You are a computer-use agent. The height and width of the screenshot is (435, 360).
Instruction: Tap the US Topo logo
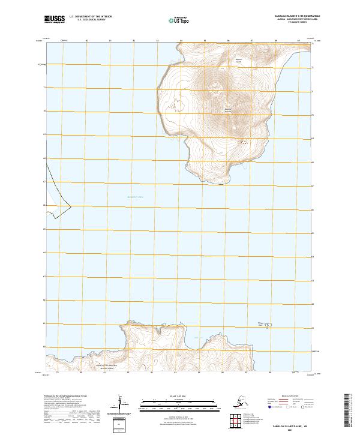tap(180, 20)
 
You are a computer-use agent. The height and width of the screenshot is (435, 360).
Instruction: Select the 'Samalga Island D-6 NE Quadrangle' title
tap(289, 16)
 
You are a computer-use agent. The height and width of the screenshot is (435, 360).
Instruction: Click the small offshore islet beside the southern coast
tap(268, 326)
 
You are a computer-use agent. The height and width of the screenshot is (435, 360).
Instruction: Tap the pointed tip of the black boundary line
tap(71, 208)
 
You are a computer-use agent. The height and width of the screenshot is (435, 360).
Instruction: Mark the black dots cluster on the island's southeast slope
tap(243, 142)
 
